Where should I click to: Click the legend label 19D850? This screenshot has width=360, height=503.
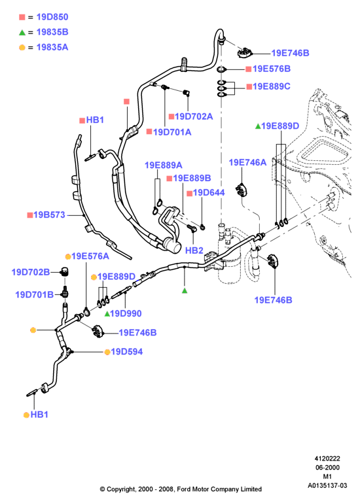tap(52, 17)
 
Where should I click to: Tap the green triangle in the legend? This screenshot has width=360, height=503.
tap(22, 33)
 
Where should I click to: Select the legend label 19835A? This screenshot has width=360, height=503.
tap(52, 47)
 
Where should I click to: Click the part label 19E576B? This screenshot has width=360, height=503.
tap(272, 69)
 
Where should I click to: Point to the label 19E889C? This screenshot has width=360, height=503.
tap(272, 86)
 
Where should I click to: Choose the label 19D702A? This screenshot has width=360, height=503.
tap(194, 116)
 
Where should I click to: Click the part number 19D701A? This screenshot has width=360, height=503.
tap(171, 132)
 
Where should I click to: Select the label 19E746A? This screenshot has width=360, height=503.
tap(247, 163)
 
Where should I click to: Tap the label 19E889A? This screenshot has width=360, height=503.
tap(163, 165)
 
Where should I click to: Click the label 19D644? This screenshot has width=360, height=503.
tap(209, 192)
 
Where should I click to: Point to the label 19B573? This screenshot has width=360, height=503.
tap(49, 215)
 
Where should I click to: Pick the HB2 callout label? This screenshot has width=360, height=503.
tap(194, 251)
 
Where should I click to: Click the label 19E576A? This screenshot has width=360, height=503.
tap(90, 256)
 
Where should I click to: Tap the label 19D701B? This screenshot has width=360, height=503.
tap(34, 294)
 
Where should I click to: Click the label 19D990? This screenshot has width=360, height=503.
tap(126, 313)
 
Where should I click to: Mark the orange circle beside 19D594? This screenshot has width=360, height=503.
tap(107, 352)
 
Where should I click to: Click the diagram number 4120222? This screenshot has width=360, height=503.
tap(327, 459)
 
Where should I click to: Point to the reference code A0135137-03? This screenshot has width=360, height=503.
tap(327, 486)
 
